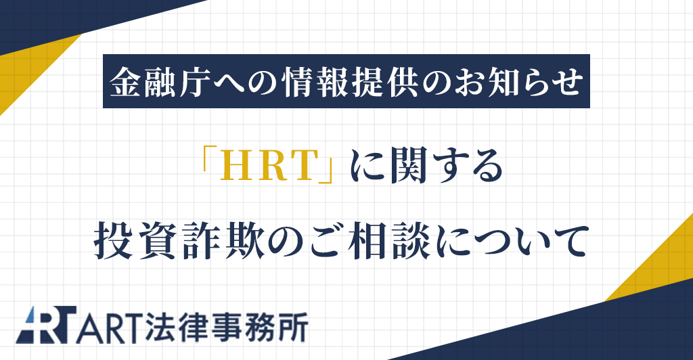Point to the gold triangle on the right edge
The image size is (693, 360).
667,264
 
